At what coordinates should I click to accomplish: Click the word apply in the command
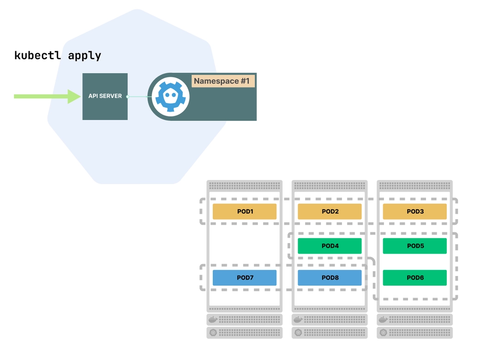[84, 56]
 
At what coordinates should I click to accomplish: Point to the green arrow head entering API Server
[74, 96]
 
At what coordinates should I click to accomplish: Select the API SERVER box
[105, 96]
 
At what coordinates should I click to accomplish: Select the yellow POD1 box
[244, 211]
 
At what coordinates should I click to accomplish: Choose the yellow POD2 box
[330, 211]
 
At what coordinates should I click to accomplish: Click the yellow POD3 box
[414, 211]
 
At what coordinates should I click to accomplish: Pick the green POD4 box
[330, 246]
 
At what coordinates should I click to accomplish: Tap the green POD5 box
[414, 246]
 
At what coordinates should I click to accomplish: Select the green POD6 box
[414, 278]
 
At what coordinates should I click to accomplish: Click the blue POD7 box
[244, 278]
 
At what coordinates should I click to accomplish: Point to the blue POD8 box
[330, 278]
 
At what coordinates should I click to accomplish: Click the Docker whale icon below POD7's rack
[213, 319]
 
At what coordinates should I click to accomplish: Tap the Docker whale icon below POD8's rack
[298, 319]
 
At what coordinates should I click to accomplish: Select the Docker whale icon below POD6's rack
[383, 319]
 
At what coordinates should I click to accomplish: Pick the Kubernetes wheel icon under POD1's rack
[213, 333]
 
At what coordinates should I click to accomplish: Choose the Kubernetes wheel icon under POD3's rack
[383, 333]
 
